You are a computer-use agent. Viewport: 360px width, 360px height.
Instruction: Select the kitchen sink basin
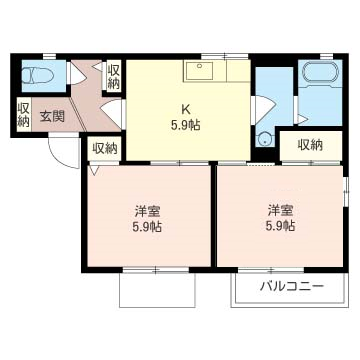199,70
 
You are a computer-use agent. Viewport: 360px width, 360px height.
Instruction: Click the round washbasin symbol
266,139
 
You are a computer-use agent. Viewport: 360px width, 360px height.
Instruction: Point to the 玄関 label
52,116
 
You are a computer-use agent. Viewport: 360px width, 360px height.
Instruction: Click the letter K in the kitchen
185,109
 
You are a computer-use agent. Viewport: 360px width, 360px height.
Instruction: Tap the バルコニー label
292,286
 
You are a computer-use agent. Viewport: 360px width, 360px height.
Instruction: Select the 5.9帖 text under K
185,125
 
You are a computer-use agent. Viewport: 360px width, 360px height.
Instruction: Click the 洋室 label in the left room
147,211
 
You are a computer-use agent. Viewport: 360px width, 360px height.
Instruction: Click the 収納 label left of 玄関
24,114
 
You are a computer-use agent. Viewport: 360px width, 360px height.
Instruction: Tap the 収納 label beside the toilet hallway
113,77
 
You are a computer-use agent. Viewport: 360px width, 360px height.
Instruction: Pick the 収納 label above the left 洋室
105,149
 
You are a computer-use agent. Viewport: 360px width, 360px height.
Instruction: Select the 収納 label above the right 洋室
310,145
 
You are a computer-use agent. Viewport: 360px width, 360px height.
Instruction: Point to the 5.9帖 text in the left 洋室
147,227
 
